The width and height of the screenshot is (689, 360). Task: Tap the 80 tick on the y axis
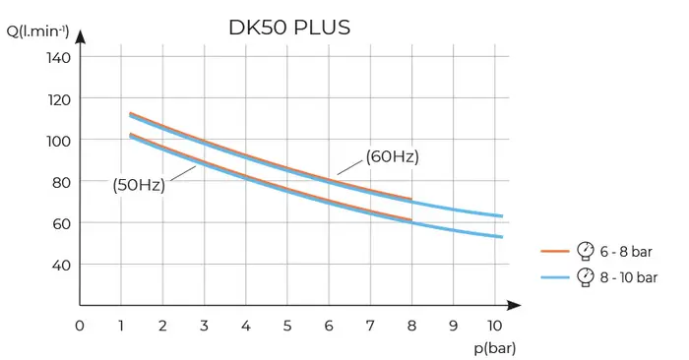click(x=62, y=182)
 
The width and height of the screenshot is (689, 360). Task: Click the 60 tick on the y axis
click(x=62, y=223)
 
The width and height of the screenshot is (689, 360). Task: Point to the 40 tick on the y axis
click(x=62, y=265)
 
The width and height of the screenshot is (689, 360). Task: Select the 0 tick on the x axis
click(x=80, y=326)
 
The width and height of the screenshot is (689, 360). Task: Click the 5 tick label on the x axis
click(x=286, y=326)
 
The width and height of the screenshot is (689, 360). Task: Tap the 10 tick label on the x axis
click(x=494, y=326)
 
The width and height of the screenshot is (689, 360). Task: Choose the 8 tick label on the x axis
click(x=411, y=326)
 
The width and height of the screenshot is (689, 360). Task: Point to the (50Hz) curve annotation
click(x=138, y=185)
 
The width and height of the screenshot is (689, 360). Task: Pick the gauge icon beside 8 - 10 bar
click(x=586, y=276)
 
